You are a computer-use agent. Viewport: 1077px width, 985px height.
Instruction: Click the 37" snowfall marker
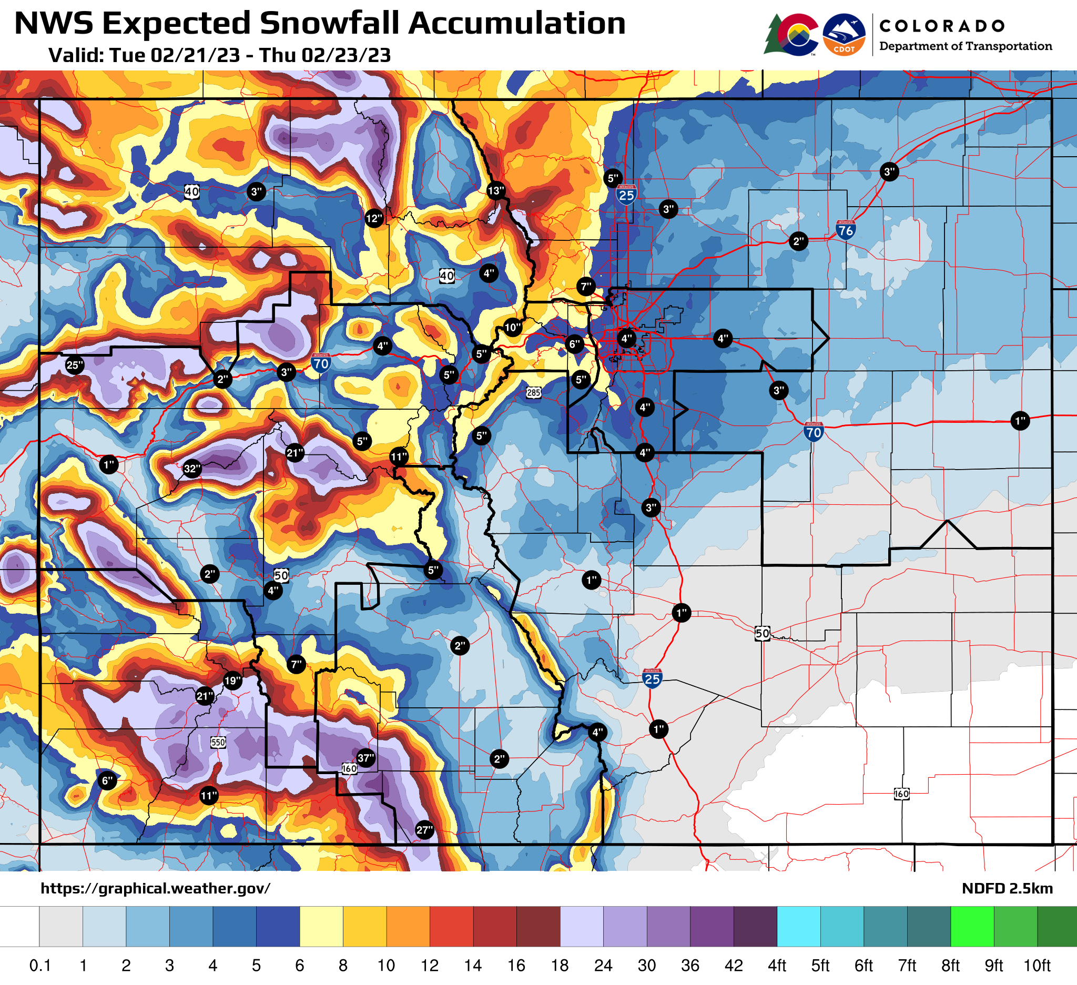click(x=365, y=758)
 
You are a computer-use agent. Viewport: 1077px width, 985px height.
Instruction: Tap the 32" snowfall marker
click(x=192, y=469)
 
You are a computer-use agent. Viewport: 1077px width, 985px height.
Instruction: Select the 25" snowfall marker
click(x=75, y=365)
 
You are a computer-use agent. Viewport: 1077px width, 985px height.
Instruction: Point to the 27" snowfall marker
click(x=424, y=830)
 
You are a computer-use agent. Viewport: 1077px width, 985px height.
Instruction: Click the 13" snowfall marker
click(x=496, y=191)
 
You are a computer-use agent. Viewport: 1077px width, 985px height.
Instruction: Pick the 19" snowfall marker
click(x=232, y=681)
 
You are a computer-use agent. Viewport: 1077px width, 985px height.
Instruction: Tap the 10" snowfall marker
click(x=513, y=328)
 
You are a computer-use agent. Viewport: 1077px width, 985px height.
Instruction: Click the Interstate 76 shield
click(x=846, y=230)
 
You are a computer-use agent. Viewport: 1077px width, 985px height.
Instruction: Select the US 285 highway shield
click(x=533, y=393)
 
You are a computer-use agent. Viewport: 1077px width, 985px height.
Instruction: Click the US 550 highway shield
click(x=218, y=743)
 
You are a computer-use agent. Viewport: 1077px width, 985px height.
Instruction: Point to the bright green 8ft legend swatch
click(x=972, y=926)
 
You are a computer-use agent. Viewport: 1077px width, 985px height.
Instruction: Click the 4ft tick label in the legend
click(x=777, y=966)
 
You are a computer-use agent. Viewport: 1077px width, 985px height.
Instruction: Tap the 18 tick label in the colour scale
click(x=560, y=966)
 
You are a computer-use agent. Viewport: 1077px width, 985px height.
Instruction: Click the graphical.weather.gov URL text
click(x=156, y=888)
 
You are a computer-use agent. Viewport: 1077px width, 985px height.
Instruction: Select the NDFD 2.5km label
click(x=1007, y=888)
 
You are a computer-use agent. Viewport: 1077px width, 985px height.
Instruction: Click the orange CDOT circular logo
click(x=844, y=35)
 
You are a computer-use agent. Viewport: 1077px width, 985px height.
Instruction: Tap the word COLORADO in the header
click(x=941, y=26)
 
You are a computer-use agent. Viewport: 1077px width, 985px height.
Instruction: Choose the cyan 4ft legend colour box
click(x=799, y=926)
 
